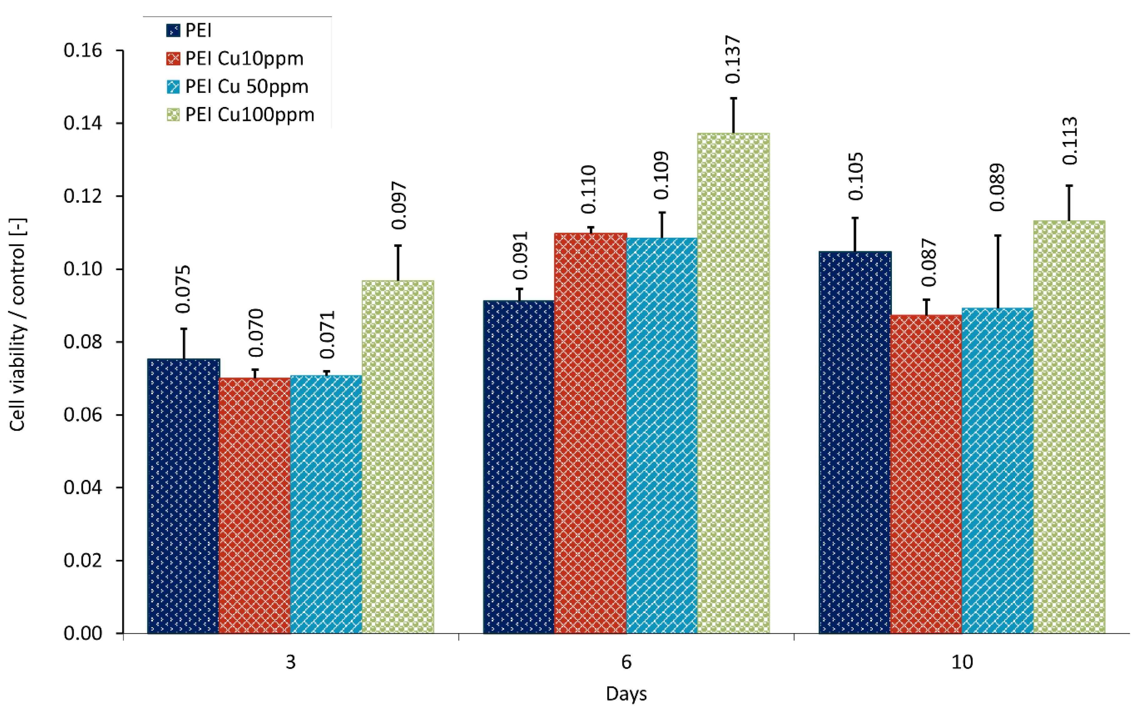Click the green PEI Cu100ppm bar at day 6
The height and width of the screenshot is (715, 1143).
(x=733, y=383)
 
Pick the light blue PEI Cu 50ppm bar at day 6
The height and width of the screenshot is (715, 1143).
(x=662, y=435)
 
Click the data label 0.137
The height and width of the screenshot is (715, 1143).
(x=733, y=59)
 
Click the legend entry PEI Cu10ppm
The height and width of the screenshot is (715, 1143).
(x=244, y=58)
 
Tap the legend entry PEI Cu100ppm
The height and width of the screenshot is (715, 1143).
(x=249, y=115)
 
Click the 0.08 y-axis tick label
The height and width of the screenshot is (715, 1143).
(x=83, y=342)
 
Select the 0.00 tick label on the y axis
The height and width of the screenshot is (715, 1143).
(x=83, y=633)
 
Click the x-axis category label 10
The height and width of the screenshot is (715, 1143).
(x=962, y=662)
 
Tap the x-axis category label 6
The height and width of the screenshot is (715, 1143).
(x=626, y=662)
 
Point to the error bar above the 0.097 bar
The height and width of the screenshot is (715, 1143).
(x=398, y=262)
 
